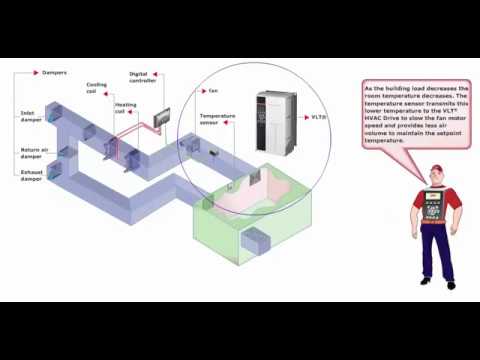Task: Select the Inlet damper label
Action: point(30,116)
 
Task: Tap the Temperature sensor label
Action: point(218,119)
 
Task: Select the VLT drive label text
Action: point(319,119)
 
